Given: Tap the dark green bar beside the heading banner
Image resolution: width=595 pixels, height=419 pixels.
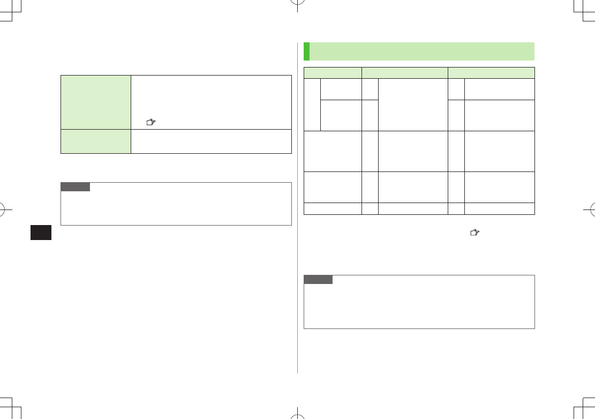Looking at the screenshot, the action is pos(306,51).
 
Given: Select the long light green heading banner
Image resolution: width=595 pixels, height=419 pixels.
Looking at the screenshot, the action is pos(423,51).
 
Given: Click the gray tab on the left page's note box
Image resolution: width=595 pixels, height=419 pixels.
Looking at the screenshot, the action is pos(76,187).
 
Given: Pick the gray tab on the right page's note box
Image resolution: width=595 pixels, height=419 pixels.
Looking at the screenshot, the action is pos(318,280).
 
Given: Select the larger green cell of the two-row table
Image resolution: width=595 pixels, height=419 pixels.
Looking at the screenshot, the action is pos(96,102).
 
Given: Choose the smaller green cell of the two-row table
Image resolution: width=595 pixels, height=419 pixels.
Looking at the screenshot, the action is pos(96,141).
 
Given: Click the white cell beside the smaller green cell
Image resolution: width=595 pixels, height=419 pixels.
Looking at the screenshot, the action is pos(211,141).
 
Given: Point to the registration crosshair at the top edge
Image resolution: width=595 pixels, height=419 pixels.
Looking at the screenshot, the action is pos(297,8).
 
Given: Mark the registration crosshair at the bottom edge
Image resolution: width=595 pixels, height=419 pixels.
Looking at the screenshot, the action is pos(297,411).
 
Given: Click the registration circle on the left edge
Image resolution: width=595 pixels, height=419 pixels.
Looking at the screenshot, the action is pos(7,209).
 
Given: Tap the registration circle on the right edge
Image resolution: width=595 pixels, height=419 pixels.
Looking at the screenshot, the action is pos(587,209).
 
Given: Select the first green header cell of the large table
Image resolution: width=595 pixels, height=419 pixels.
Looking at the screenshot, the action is pos(333,72).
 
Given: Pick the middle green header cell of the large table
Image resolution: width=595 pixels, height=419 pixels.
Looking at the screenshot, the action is pos(405,72).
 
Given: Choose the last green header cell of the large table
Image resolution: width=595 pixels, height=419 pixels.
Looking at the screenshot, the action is pos(491,72).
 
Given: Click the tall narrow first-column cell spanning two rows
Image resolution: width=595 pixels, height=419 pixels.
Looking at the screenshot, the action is pos(312,104).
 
